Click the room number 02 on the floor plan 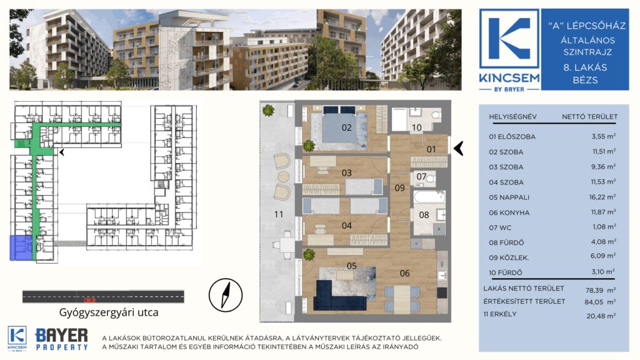click(x=346, y=127)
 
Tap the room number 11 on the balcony click(x=279, y=214)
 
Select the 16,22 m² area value click(x=602, y=197)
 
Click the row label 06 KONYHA click(x=509, y=212)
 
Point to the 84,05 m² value click(x=600, y=302)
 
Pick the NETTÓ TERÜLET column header click(x=589, y=117)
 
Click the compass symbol click(x=226, y=295)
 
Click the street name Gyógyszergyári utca click(x=109, y=312)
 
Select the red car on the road click(x=89, y=300)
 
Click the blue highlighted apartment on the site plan click(x=21, y=247)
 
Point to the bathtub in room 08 click(x=429, y=197)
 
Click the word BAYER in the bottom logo click(x=62, y=336)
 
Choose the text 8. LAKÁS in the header click(x=585, y=67)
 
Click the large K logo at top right click(x=509, y=39)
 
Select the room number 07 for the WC click(x=421, y=177)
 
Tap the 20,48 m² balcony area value click(x=601, y=316)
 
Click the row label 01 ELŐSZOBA click(x=512, y=137)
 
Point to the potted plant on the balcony click(x=269, y=110)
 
